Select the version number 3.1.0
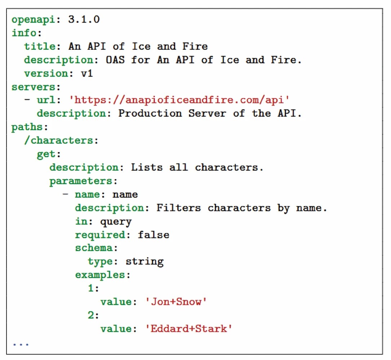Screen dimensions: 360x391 (x=84, y=19)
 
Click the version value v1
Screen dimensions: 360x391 (x=87, y=73)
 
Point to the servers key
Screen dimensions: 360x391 (x=35, y=87)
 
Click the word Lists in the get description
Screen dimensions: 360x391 (x=146, y=168)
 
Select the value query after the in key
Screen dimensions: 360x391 (x=116, y=222)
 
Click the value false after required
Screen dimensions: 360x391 (x=153, y=235)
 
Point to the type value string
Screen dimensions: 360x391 (x=144, y=262)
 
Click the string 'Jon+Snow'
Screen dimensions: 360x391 (x=175, y=302)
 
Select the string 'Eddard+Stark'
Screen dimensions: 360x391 (x=188, y=329)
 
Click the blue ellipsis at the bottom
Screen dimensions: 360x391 (x=21, y=343)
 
